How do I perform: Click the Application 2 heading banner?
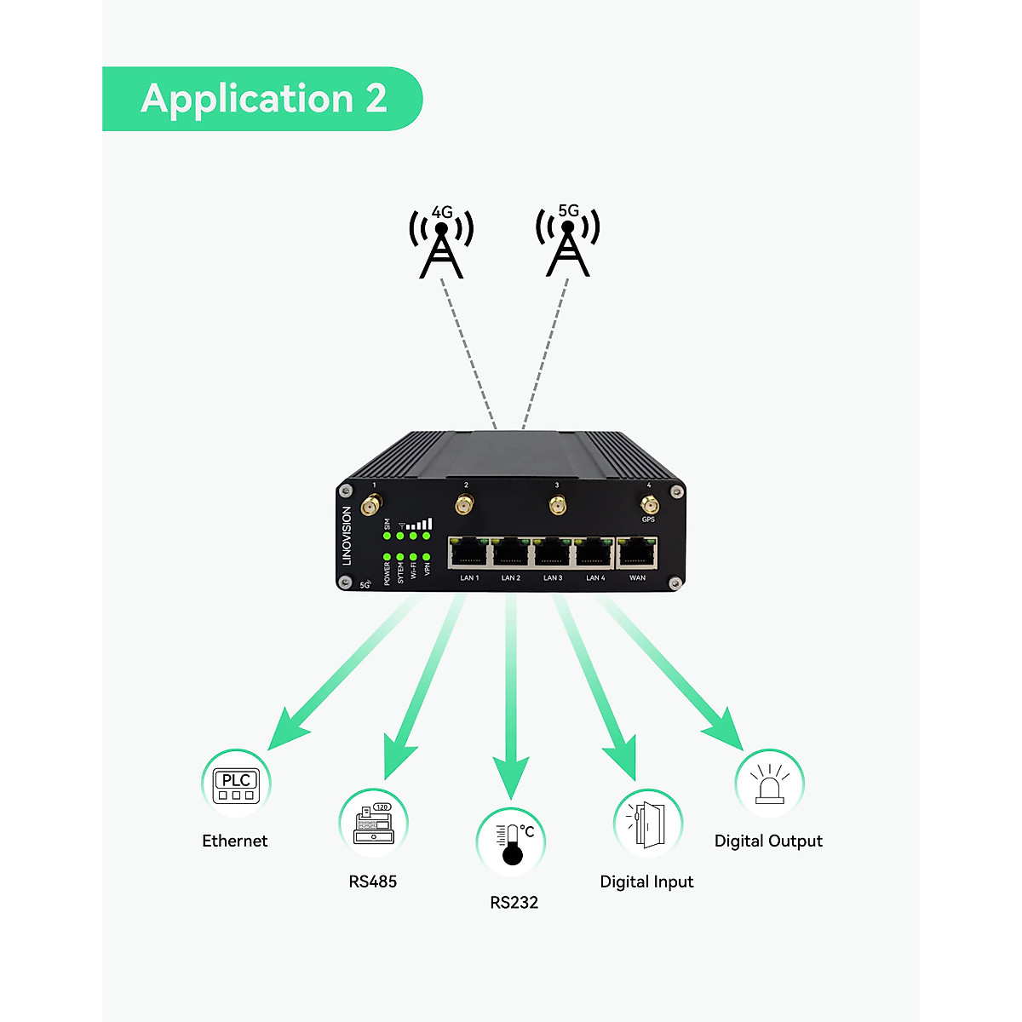(262, 99)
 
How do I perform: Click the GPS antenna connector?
(649, 507)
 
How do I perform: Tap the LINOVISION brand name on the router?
(347, 536)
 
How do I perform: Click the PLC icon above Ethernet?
(236, 784)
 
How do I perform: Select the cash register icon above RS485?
(374, 824)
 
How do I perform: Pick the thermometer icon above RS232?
(511, 842)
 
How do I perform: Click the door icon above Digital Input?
(647, 824)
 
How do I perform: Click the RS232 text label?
(514, 903)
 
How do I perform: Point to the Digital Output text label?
(768, 841)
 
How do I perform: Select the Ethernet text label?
(234, 841)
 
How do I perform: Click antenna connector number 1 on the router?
(370, 506)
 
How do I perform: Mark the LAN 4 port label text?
(595, 578)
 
